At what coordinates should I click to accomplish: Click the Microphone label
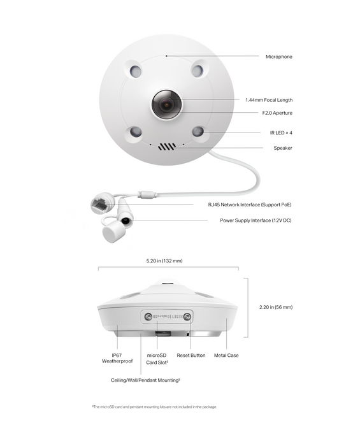coord(278,57)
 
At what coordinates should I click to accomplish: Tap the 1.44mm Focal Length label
coord(269,100)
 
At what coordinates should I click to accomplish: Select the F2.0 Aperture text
coord(277,113)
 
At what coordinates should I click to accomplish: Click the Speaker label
coord(283,148)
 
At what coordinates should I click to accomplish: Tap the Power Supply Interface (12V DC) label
coord(256,220)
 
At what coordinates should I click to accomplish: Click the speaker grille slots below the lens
coord(167,146)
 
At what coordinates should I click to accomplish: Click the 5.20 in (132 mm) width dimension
coord(164,261)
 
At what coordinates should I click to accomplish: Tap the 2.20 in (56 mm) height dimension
coord(276,307)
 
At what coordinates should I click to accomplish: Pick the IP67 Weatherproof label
coord(115,358)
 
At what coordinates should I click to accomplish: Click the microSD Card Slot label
coord(157,358)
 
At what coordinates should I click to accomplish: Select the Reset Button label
coord(191,355)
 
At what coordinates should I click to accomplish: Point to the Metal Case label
coord(226,355)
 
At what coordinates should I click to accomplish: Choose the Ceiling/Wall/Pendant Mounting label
coord(145,380)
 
